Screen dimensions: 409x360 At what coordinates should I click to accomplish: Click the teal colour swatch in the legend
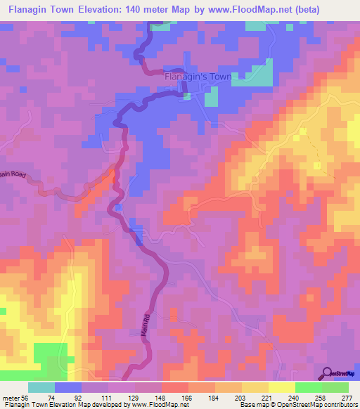41,387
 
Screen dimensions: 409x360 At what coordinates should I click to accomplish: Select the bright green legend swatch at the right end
335,387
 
